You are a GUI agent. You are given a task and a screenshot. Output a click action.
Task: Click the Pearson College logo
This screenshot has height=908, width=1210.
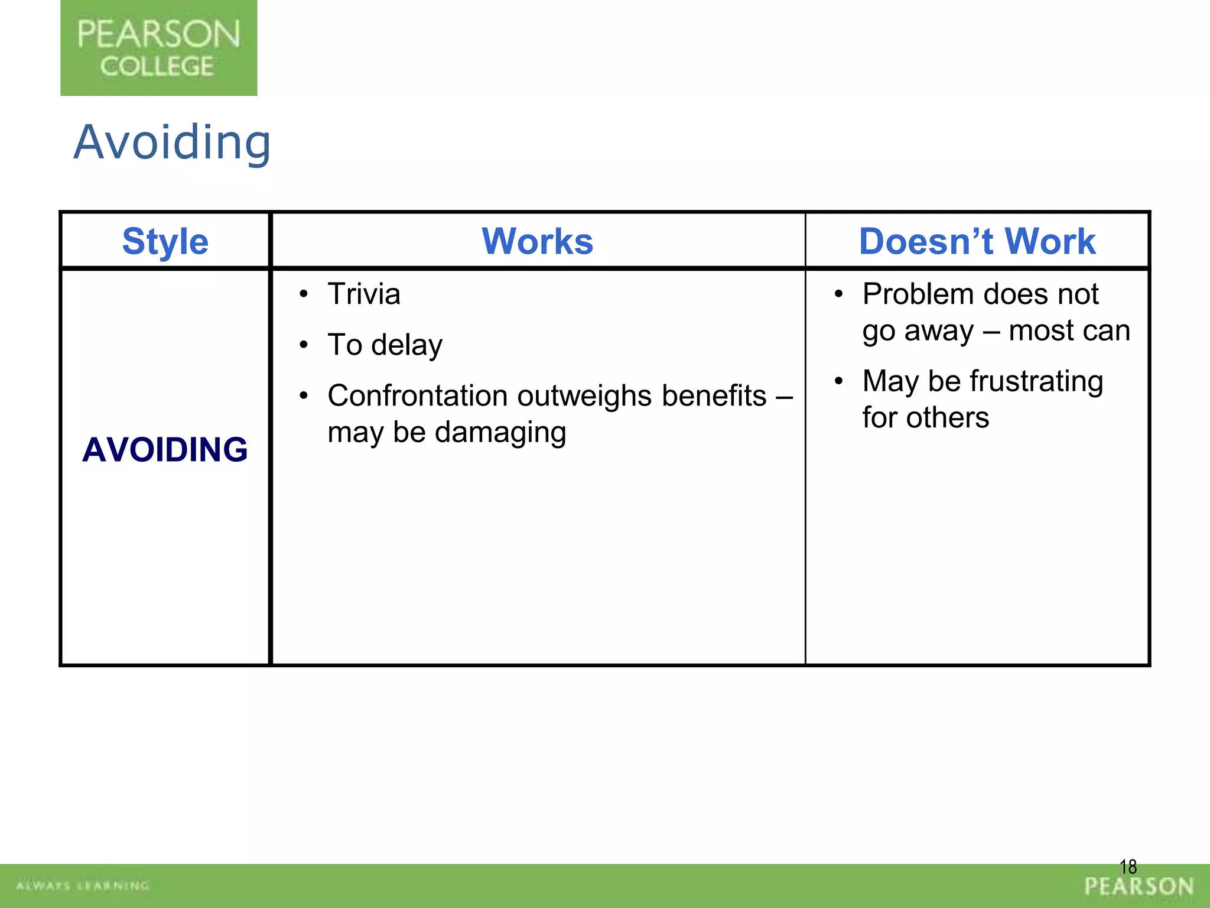pyautogui.click(x=158, y=48)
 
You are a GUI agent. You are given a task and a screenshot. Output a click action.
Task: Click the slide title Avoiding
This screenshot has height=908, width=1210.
pyautogui.click(x=172, y=142)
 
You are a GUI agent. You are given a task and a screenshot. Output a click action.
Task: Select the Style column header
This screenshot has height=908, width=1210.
pyautogui.click(x=165, y=241)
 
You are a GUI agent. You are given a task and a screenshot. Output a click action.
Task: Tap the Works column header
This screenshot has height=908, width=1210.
pyautogui.click(x=537, y=241)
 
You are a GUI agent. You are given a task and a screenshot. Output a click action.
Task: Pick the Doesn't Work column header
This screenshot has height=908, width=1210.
pyautogui.click(x=977, y=241)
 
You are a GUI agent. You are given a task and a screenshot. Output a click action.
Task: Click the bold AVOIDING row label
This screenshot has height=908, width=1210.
pyautogui.click(x=165, y=450)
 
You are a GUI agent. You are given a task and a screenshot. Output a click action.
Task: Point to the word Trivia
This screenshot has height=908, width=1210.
pyautogui.click(x=364, y=294)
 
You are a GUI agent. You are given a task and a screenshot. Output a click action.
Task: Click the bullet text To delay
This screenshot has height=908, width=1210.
pyautogui.click(x=385, y=345)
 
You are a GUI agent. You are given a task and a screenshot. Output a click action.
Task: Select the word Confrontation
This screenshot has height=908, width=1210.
pyautogui.click(x=418, y=396)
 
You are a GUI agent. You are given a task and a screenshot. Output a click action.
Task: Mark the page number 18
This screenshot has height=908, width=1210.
pyautogui.click(x=1128, y=867)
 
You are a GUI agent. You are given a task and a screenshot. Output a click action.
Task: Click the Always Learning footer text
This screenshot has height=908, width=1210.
pyautogui.click(x=83, y=886)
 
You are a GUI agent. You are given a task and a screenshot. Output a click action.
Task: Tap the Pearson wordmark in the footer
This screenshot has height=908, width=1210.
pyautogui.click(x=1139, y=886)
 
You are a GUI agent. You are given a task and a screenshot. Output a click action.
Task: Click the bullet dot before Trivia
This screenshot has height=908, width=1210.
pyautogui.click(x=304, y=294)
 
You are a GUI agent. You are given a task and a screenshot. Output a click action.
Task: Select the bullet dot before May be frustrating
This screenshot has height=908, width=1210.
pyautogui.click(x=838, y=381)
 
